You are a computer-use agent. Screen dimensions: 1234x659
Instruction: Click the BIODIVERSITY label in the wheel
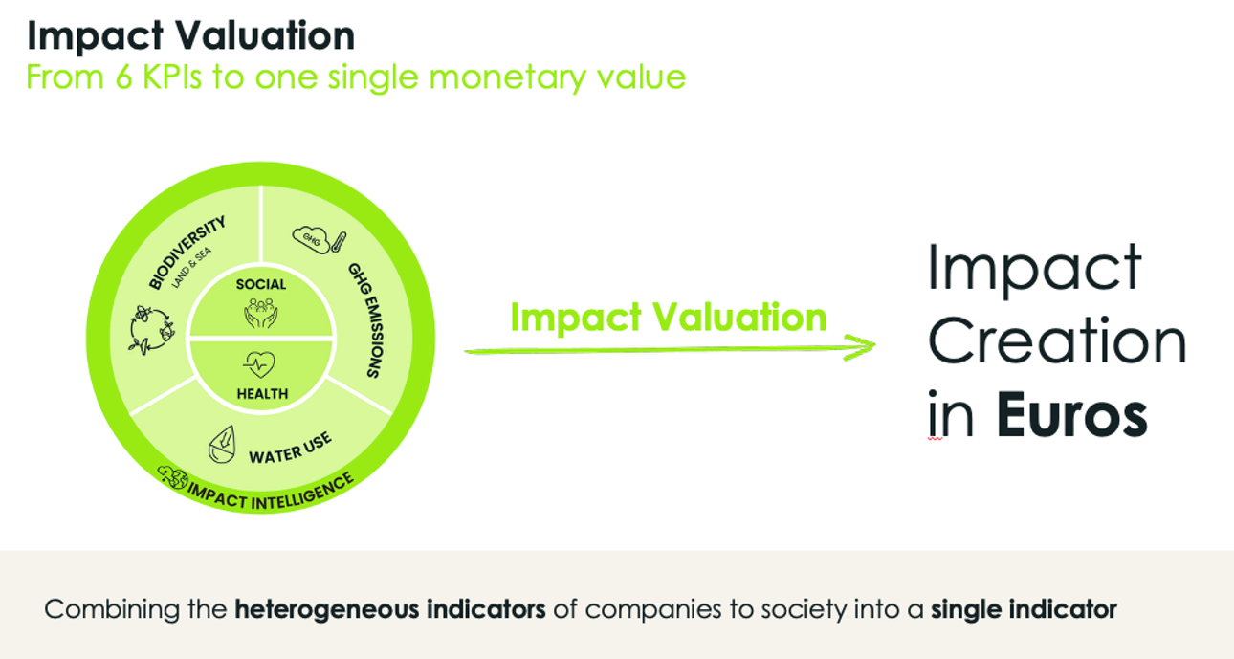[x=187, y=253]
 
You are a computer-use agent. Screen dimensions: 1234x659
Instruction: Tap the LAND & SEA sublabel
[x=191, y=268]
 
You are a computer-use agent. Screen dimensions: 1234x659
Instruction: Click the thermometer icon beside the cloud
[x=339, y=242]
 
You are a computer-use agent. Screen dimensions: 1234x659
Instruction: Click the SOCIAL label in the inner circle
[x=261, y=284]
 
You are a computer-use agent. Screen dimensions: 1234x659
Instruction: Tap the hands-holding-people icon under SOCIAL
[x=260, y=313]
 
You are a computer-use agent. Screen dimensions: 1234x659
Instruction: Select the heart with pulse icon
[x=259, y=364]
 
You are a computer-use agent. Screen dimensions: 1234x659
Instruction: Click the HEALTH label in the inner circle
[x=262, y=394]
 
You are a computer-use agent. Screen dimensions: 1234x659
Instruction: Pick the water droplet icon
[x=222, y=444]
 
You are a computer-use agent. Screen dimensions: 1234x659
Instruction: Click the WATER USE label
[x=290, y=449]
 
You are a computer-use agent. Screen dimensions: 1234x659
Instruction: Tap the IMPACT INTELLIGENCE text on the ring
[x=271, y=494]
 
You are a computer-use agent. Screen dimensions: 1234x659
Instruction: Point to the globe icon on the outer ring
[x=172, y=477]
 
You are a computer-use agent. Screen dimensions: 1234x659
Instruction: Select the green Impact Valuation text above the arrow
[x=669, y=318]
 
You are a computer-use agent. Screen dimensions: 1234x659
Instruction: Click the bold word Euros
[x=1072, y=414]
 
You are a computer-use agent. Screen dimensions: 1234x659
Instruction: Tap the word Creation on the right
[x=1057, y=341]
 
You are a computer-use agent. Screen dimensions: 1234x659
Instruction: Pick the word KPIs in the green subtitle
[x=172, y=77]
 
